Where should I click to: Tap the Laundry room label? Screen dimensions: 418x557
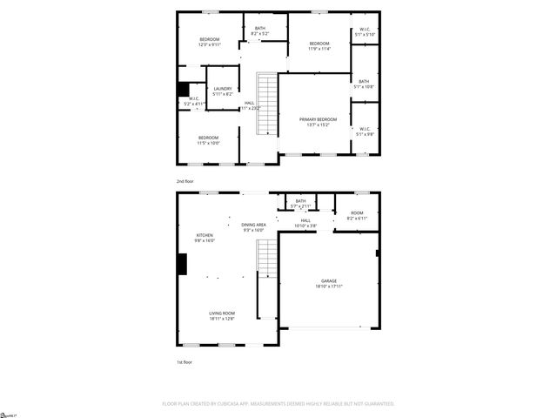point(222,90)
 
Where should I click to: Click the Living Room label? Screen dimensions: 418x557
point(222,315)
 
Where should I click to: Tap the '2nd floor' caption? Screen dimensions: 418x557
point(185,181)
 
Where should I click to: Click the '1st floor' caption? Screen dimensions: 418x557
point(185,361)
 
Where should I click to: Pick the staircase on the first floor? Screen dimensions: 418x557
point(265,256)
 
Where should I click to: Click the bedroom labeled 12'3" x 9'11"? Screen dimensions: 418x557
point(210,41)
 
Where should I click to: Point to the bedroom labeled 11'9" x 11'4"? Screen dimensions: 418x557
point(319,46)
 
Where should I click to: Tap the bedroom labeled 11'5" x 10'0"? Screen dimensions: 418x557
point(208,139)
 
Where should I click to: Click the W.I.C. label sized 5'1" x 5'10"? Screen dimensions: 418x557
point(366,32)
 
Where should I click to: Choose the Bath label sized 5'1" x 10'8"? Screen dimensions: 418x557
point(364,84)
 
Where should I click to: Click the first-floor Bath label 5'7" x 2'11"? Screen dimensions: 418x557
point(300,204)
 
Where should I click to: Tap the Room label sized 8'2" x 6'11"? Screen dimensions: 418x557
point(357,215)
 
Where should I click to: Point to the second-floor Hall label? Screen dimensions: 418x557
point(250,105)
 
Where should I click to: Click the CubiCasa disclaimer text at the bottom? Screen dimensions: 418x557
point(278,403)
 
